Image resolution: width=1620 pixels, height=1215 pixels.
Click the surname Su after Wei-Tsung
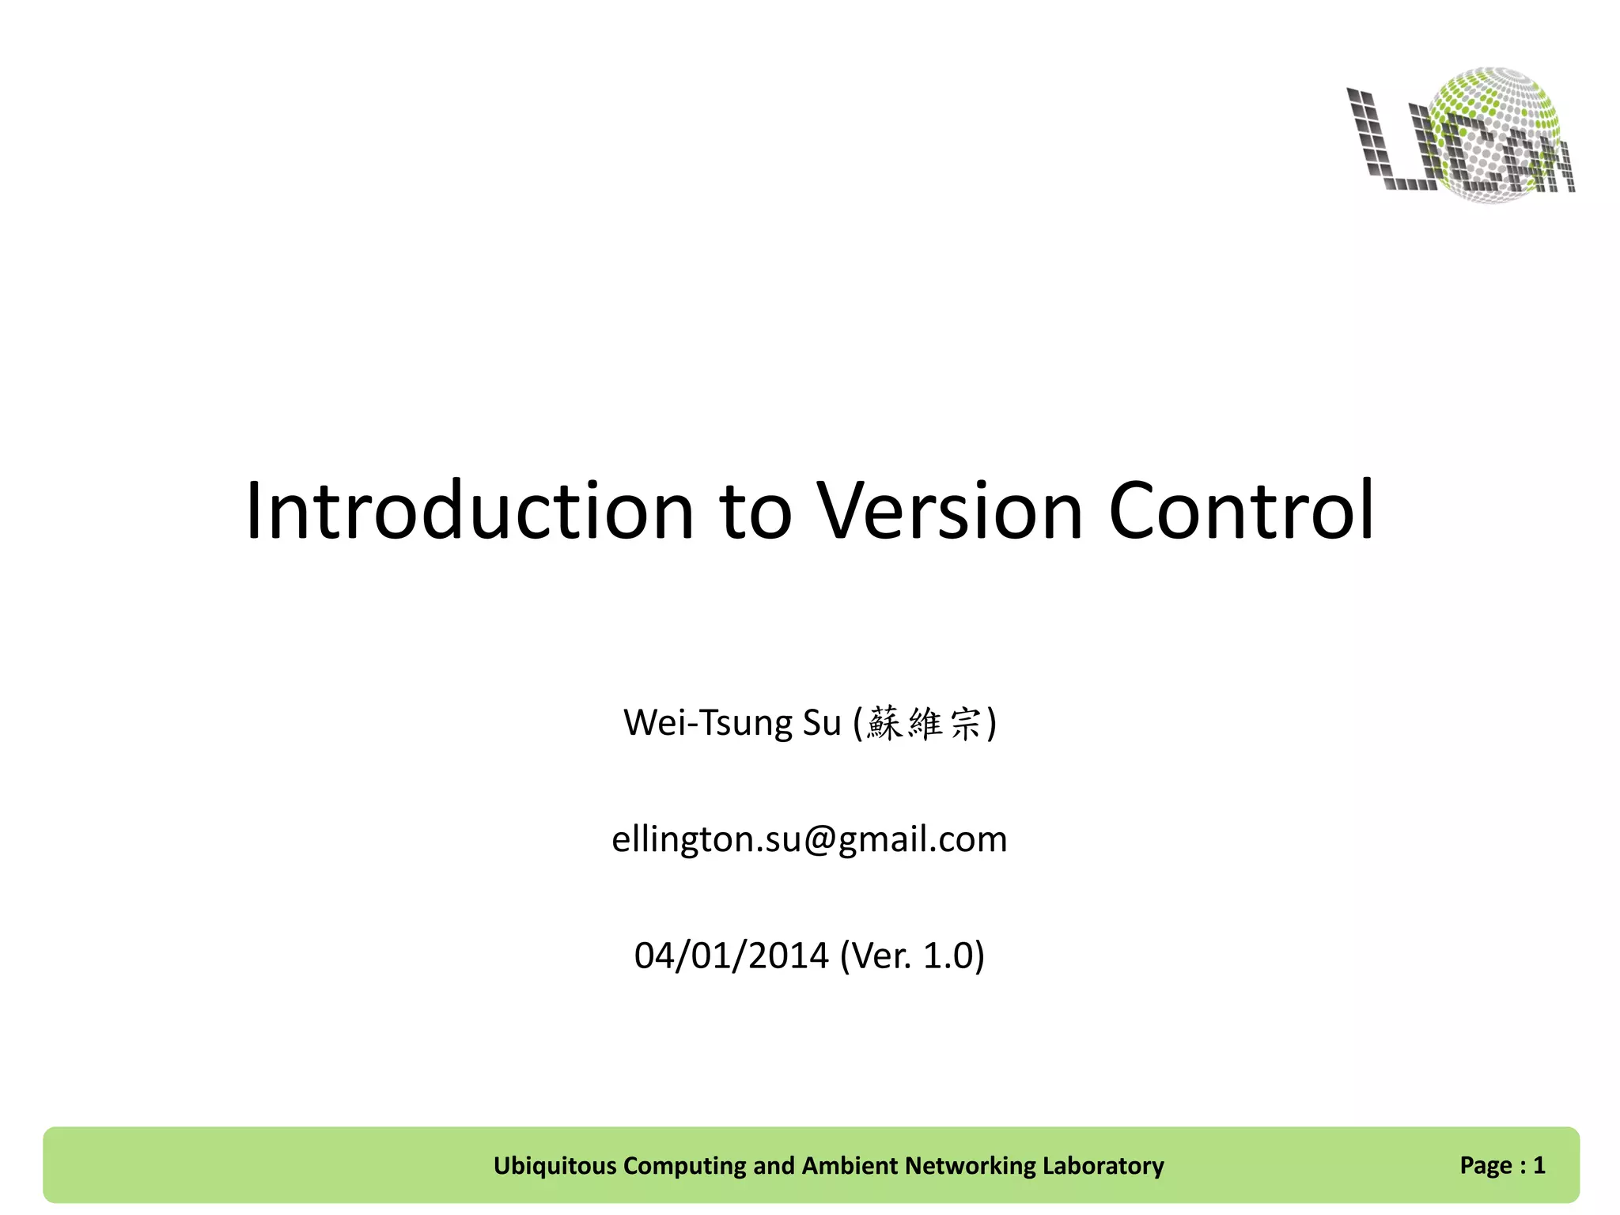tap(822, 723)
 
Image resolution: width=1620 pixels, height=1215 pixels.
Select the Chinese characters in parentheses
tap(923, 723)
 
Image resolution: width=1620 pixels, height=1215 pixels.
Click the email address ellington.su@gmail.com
tap(809, 839)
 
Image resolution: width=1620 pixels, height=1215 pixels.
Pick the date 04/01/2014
tap(731, 956)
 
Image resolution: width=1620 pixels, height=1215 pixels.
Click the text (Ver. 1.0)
tap(912, 956)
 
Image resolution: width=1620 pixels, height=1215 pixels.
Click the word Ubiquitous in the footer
tap(555, 1165)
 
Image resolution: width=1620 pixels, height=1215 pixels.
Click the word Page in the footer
tap(1486, 1166)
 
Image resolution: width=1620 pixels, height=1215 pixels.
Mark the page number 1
tap(1539, 1164)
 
